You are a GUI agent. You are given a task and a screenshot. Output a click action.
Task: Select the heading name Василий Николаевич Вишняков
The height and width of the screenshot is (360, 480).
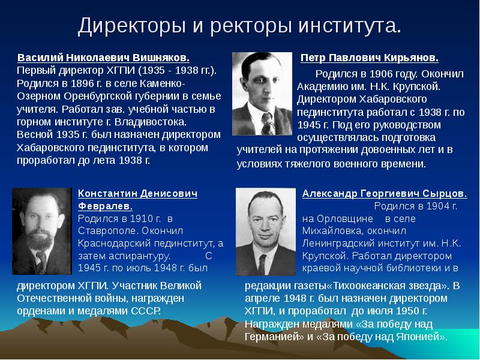click(x=103, y=59)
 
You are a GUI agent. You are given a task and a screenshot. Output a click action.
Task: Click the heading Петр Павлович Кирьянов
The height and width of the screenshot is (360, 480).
click(x=370, y=59)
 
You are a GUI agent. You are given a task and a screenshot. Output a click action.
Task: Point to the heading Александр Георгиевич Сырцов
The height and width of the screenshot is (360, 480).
click(x=385, y=194)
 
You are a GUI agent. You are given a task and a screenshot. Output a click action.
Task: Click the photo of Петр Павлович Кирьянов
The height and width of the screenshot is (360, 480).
click(x=262, y=93)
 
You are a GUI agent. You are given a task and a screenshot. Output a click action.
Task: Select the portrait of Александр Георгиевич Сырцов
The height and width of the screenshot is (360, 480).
click(x=265, y=230)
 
